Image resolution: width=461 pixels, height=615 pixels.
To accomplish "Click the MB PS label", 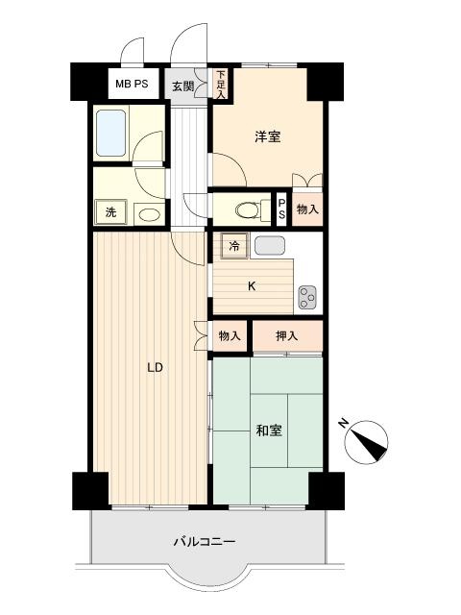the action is pyautogui.click(x=132, y=84).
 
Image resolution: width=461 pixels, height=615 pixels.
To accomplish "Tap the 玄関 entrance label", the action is pyautogui.click(x=183, y=86).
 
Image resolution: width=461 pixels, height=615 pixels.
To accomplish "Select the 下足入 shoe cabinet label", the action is pyautogui.click(x=221, y=84).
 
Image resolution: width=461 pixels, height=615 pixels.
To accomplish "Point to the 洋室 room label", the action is pyautogui.click(x=268, y=136).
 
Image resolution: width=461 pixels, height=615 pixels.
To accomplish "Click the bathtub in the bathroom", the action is pyautogui.click(x=111, y=133).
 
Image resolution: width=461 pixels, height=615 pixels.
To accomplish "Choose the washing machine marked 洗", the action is pyautogui.click(x=111, y=212).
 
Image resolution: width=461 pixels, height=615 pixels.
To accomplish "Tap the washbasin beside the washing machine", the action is pyautogui.click(x=150, y=214).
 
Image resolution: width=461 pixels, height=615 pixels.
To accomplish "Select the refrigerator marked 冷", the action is pyautogui.click(x=234, y=246).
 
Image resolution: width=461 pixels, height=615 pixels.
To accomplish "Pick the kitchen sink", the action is pyautogui.click(x=269, y=246).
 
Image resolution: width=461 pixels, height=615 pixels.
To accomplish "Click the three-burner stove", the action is pyautogui.click(x=307, y=297).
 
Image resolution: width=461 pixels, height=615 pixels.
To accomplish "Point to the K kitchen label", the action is pyautogui.click(x=252, y=286).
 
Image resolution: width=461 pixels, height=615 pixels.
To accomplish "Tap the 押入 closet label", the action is pyautogui.click(x=287, y=335).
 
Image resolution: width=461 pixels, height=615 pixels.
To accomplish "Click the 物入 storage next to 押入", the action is pyautogui.click(x=230, y=335).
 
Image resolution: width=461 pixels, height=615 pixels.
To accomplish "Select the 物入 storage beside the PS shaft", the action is pyautogui.click(x=307, y=209).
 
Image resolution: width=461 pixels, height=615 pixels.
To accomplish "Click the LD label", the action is pyautogui.click(x=155, y=368).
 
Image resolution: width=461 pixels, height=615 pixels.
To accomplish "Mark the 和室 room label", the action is pyautogui.click(x=269, y=430).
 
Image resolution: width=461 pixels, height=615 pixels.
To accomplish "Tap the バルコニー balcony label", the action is pyautogui.click(x=205, y=542).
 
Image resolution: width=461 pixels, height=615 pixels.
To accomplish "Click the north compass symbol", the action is pyautogui.click(x=366, y=442).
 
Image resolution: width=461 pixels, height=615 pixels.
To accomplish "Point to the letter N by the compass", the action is pyautogui.click(x=344, y=423).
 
